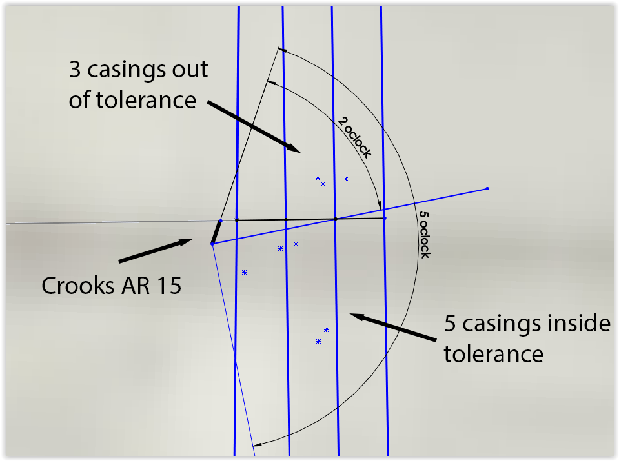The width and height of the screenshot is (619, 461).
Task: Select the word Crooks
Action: pos(80,285)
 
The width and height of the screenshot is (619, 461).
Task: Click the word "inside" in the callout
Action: pos(569,324)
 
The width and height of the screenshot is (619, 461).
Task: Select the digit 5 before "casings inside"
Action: pos(451,324)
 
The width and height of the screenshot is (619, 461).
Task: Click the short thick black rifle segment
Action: pos(216,232)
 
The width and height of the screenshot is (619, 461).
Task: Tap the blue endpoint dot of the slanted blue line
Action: pos(487,189)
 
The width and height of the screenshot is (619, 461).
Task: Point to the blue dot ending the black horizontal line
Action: pos(385,218)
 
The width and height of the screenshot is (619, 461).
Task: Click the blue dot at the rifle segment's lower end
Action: pos(212,243)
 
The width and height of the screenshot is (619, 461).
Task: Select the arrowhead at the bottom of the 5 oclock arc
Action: pos(256,444)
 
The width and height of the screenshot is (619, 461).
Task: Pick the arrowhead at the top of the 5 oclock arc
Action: pos(283,49)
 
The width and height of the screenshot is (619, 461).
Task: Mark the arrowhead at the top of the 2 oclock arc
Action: pos(271,83)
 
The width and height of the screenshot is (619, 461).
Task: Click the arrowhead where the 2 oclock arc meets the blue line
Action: pos(380,206)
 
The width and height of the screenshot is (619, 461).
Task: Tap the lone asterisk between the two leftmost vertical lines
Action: pos(244,272)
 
